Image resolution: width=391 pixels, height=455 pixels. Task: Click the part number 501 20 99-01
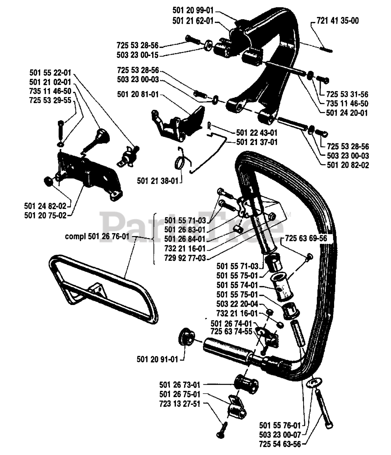pyautogui.click(x=193, y=12)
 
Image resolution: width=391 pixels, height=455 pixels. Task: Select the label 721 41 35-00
pyautogui.click(x=338, y=21)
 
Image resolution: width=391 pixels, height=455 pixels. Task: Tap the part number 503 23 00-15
pyautogui.click(x=138, y=55)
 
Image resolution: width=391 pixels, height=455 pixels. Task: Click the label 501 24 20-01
pyautogui.click(x=347, y=113)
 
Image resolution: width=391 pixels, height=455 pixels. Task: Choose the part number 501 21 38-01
pyautogui.click(x=157, y=181)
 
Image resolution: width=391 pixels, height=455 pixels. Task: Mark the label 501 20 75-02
pyautogui.click(x=45, y=215)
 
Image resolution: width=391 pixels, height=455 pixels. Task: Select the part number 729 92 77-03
pyautogui.click(x=185, y=258)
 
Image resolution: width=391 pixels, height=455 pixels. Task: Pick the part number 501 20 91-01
pyautogui.click(x=157, y=359)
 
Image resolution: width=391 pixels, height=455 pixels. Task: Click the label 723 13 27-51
pyautogui.click(x=180, y=403)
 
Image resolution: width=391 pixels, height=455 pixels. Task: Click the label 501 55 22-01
pyautogui.click(x=50, y=73)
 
